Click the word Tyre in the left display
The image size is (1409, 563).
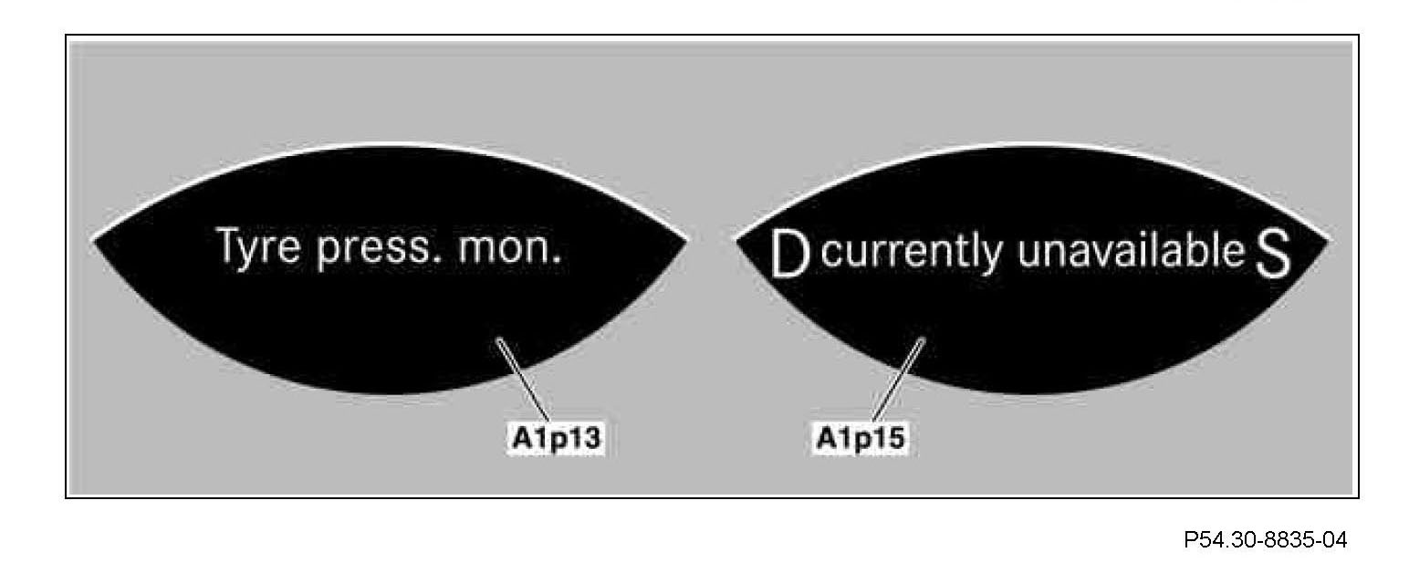click(257, 249)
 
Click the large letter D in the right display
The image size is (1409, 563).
click(790, 255)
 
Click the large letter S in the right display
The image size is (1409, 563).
click(1273, 256)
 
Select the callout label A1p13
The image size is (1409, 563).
click(557, 439)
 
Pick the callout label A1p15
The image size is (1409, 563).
click(861, 439)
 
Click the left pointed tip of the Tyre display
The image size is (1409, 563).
click(95, 241)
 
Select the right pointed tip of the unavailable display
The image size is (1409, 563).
click(1329, 243)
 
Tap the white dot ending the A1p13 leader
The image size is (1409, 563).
click(498, 342)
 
